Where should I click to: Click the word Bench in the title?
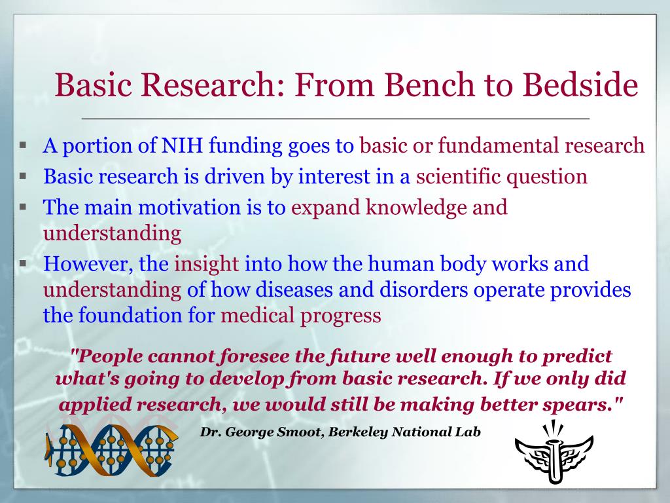click(429, 84)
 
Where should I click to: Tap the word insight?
click(206, 265)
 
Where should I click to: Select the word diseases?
click(294, 289)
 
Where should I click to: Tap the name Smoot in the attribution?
click(298, 432)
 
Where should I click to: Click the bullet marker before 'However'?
click(23, 263)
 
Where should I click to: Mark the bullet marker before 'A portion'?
click(23, 145)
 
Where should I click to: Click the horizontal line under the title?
click(336, 118)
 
